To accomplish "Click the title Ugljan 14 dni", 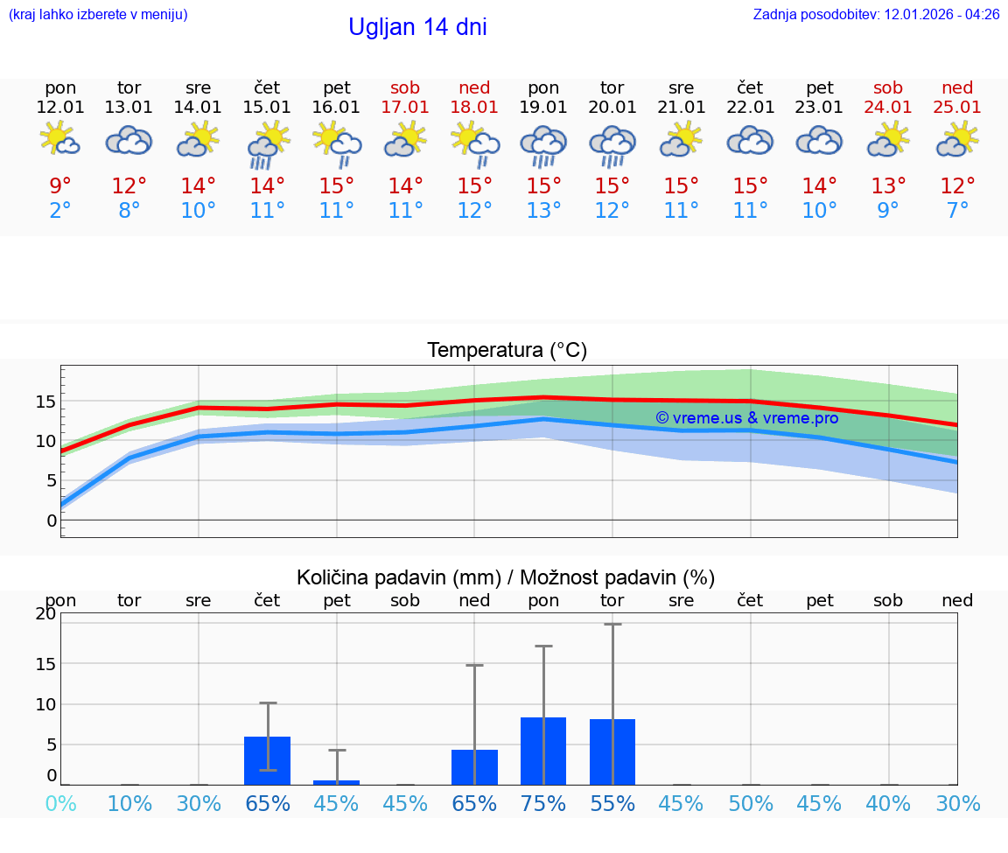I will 417,27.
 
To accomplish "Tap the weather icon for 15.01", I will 268,144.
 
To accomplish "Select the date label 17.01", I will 405,107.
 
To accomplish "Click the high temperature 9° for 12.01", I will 60,186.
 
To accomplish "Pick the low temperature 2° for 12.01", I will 60,211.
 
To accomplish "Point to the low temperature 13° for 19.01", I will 543,211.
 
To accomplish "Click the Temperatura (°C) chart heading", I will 507,351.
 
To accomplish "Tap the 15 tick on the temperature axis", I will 45,402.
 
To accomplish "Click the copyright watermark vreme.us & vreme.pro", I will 747,418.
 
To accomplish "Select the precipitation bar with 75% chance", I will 543,751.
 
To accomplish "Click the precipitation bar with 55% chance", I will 612,752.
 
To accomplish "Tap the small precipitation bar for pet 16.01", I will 337,782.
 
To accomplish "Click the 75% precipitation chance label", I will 543,804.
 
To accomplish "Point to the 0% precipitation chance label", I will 60,804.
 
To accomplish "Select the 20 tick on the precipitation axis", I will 46,614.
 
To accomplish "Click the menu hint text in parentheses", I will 98,15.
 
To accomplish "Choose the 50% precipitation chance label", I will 751,804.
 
